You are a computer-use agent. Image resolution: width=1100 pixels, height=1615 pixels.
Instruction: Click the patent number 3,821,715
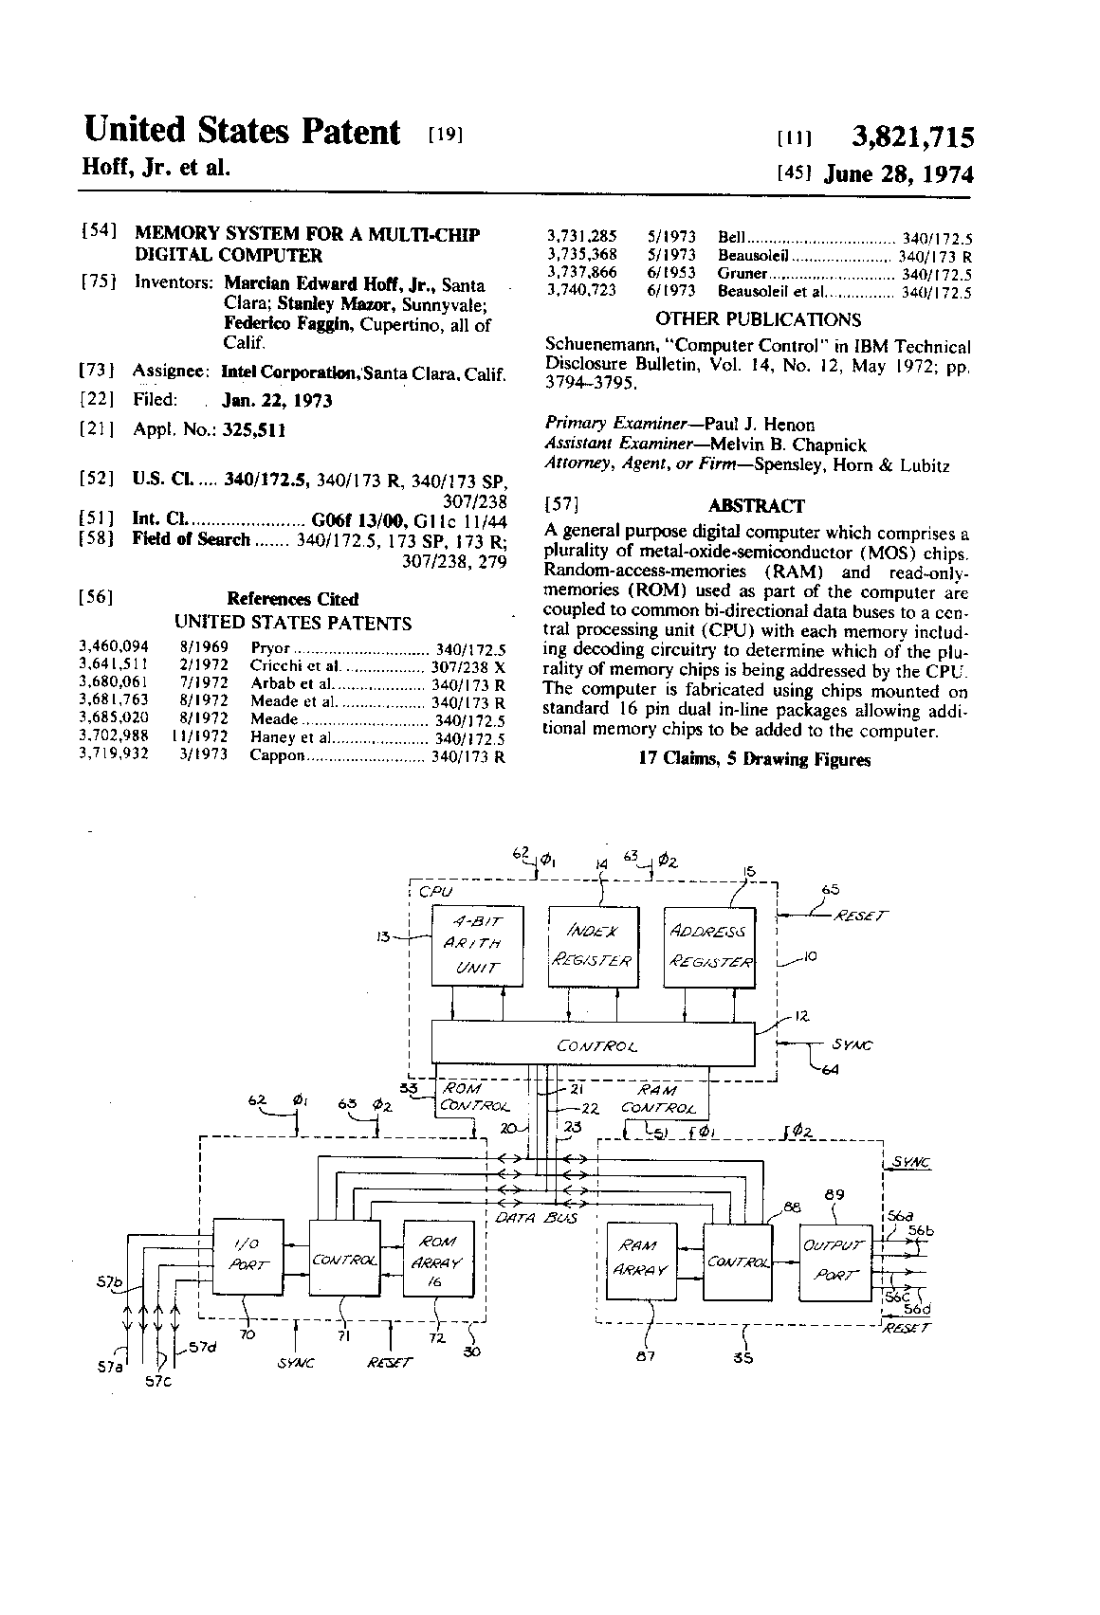click(x=912, y=136)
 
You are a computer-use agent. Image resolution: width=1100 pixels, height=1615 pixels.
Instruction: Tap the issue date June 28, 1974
click(x=899, y=174)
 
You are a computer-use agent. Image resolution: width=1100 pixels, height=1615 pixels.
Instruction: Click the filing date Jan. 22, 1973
click(x=277, y=400)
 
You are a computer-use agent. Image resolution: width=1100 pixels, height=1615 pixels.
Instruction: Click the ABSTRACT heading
click(x=756, y=506)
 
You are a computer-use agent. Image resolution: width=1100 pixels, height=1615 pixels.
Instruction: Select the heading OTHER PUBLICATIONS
click(x=758, y=319)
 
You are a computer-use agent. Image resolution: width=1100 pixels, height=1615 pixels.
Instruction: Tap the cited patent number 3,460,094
click(x=113, y=646)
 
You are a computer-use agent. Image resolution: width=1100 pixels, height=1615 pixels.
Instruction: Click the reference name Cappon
click(x=278, y=755)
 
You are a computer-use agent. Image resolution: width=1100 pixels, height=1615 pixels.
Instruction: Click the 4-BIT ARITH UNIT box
click(x=477, y=945)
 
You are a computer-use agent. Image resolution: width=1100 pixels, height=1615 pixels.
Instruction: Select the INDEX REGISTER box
click(x=593, y=946)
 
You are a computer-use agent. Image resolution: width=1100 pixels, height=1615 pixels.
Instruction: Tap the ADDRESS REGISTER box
click(x=709, y=947)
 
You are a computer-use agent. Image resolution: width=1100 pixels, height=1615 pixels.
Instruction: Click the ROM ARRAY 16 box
click(x=438, y=1258)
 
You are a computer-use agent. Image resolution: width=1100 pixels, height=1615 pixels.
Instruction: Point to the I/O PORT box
click(x=247, y=1257)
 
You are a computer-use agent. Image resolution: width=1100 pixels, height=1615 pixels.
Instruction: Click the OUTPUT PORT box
click(x=835, y=1261)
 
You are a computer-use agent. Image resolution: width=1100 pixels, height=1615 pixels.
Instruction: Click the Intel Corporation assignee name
click(x=291, y=372)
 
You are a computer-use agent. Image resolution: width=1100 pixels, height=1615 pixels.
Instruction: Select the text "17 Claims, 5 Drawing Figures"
click(x=755, y=758)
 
